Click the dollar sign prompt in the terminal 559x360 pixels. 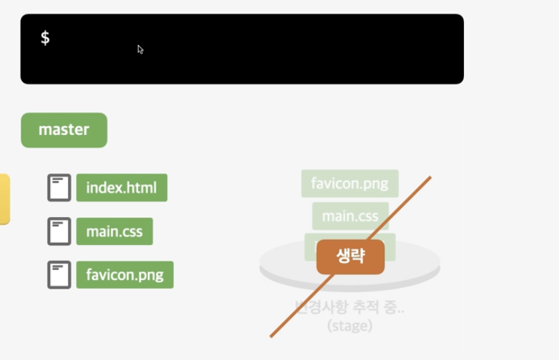click(45, 38)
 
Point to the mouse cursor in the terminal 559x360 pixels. click(140, 49)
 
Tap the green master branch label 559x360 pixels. click(64, 130)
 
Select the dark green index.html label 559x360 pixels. click(122, 188)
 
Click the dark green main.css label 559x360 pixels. click(114, 231)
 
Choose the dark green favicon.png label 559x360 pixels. click(124, 275)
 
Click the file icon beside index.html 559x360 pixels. click(59, 188)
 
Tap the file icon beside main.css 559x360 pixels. click(59, 231)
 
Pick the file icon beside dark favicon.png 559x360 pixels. click(59, 275)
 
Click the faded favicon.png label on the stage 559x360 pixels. click(350, 184)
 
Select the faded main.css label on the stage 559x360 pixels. click(350, 216)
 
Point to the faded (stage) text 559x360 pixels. click(350, 326)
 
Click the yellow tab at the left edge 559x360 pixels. click(4, 199)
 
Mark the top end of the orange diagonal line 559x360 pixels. click(430, 177)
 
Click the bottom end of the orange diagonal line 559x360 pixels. click(271, 336)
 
